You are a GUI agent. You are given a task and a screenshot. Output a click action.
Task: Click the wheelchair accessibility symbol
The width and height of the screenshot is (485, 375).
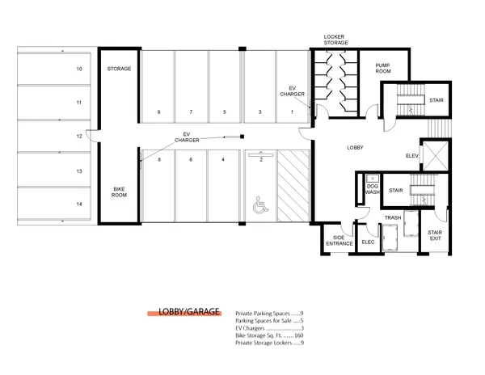[260, 205]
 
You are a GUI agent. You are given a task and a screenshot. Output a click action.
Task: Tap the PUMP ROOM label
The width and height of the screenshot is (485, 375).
[383, 69]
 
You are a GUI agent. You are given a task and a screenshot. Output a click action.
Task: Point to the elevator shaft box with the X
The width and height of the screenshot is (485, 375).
[435, 155]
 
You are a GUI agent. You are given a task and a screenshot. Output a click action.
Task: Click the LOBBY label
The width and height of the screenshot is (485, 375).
[355, 148]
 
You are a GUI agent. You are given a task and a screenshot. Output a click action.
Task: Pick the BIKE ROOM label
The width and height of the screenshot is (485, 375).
[119, 192]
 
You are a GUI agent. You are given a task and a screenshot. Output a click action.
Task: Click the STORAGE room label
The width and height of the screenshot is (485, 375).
[119, 69]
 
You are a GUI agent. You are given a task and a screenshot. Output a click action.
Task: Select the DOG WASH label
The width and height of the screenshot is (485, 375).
[373, 189]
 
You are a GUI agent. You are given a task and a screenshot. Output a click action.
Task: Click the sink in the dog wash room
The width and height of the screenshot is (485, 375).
[373, 179]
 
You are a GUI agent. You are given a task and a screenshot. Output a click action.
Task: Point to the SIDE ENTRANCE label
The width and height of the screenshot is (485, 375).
[339, 241]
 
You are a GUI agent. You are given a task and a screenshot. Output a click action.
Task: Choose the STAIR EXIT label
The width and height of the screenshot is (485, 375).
[435, 235]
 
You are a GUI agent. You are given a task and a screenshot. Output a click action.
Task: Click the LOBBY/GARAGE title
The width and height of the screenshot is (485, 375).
[189, 312]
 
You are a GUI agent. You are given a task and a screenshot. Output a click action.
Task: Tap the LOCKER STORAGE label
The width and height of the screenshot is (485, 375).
[335, 40]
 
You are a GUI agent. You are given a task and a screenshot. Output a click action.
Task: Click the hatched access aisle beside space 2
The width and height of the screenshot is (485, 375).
[293, 186]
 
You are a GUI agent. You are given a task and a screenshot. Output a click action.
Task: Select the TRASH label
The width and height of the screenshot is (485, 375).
[393, 218]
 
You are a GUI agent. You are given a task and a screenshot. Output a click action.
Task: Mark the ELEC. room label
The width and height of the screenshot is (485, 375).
[369, 242]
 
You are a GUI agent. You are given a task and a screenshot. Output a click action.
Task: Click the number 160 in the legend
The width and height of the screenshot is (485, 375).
[299, 335]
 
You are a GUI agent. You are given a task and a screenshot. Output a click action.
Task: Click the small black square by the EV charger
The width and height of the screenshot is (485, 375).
[242, 137]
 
